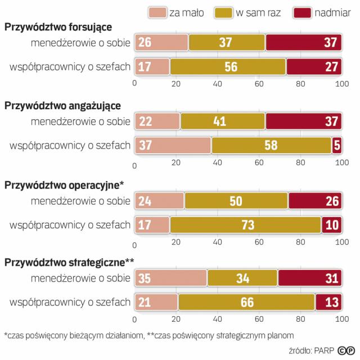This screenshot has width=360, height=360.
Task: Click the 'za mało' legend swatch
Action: coord(158,12)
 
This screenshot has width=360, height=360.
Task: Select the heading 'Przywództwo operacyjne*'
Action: coord(64,184)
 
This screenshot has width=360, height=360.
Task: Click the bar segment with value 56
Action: coord(228,66)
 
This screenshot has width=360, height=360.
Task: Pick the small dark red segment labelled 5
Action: coord(337,145)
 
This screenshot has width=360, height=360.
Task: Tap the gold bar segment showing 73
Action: coord(245,224)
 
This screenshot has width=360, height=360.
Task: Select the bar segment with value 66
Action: coord(246,302)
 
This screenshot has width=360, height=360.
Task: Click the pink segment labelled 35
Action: coord(170,278)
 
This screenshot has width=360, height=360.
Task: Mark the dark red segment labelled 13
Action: coord(328,302)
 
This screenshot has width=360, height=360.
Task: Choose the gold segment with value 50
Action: coord(236,200)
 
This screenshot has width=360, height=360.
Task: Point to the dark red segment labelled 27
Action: coord(314,66)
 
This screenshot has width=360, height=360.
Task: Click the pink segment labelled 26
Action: coord(161,42)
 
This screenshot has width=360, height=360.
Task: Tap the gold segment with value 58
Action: coord(271,145)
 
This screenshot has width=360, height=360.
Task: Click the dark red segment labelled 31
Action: coord(310,278)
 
